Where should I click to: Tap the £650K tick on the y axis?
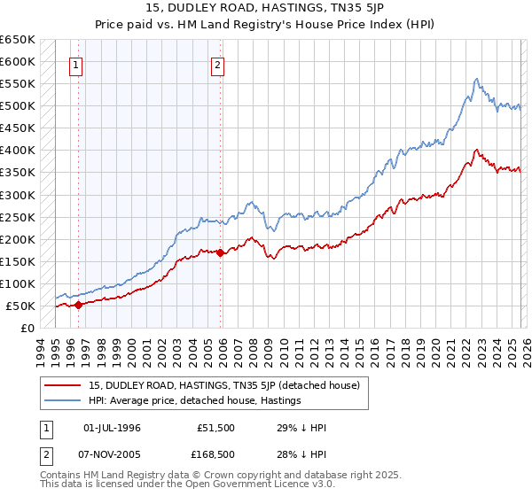(18, 40)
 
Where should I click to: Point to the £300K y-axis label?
(18, 195)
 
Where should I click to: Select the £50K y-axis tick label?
(20, 306)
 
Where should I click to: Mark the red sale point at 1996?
(78, 305)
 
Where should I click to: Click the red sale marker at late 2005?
(221, 253)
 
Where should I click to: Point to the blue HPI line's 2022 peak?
(477, 79)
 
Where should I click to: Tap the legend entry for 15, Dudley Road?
(223, 385)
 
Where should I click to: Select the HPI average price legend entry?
(195, 400)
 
